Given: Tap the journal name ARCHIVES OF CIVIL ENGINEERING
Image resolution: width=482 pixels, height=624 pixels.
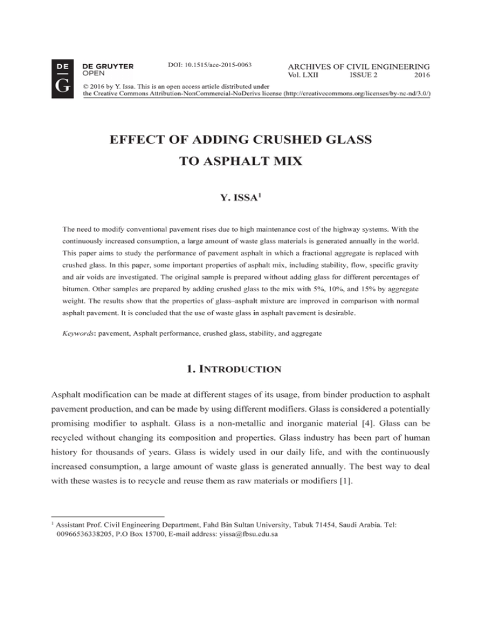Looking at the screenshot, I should (x=358, y=67).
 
